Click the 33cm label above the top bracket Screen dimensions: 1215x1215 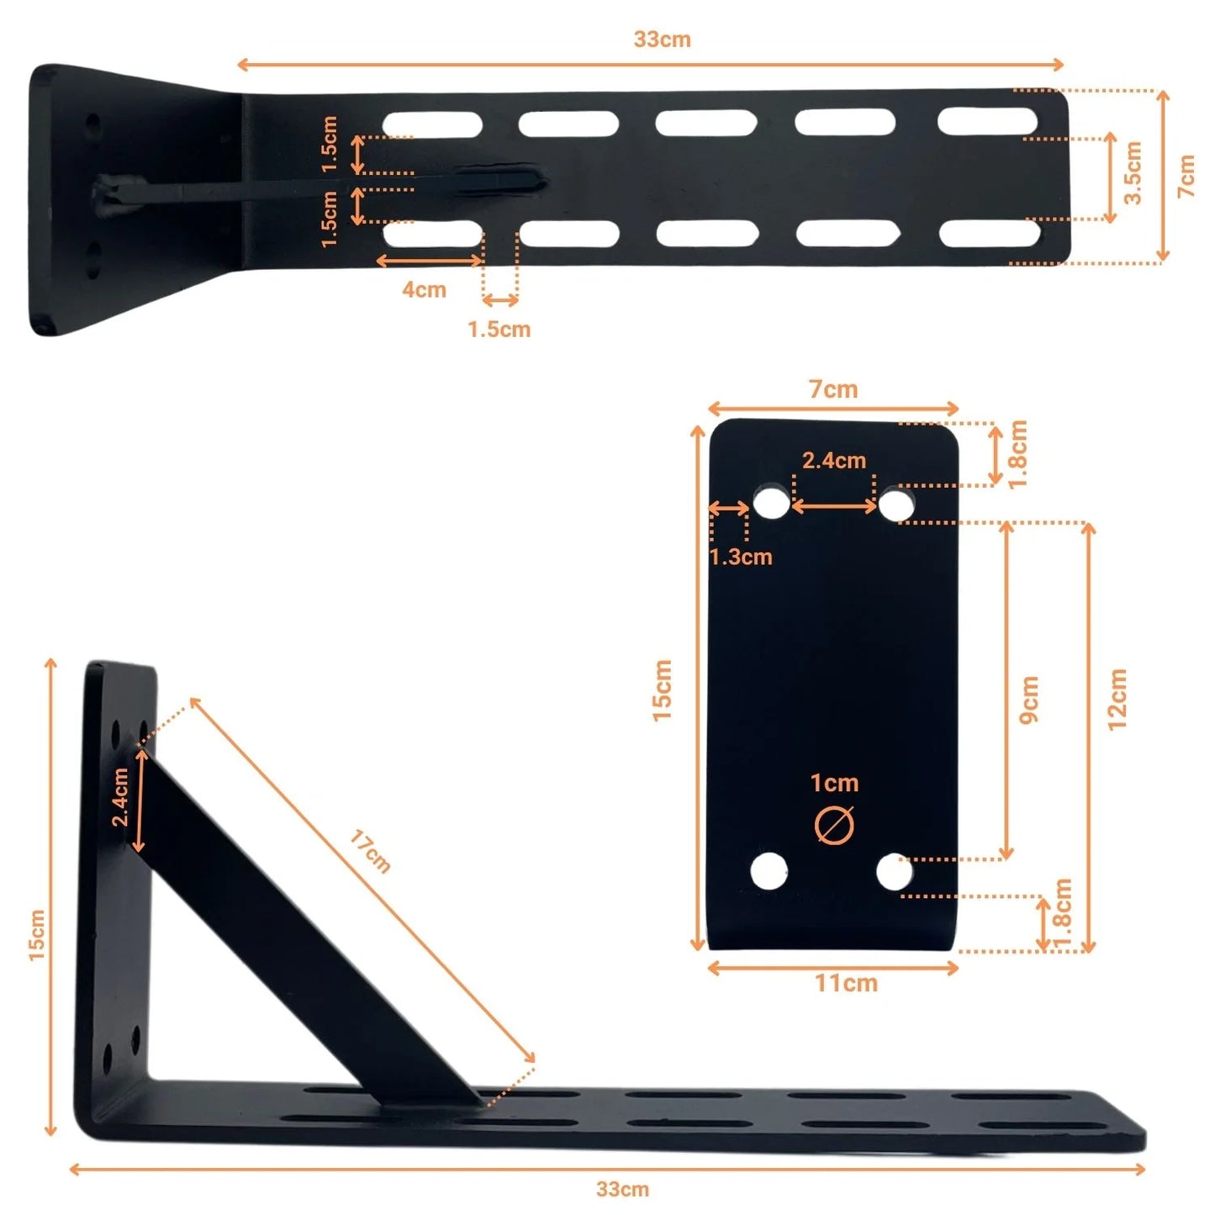[x=662, y=40]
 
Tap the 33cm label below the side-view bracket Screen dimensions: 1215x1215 [x=622, y=1189]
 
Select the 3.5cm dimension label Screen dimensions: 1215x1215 [x=1133, y=173]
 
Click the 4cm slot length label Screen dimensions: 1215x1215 [x=424, y=290]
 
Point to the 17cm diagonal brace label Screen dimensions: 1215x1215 [x=370, y=851]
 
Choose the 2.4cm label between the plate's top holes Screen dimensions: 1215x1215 [x=833, y=461]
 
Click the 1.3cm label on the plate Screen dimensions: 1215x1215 [x=740, y=557]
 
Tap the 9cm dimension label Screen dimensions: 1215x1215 [x=1029, y=699]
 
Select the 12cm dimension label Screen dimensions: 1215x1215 [x=1117, y=699]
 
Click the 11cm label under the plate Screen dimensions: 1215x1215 [x=846, y=983]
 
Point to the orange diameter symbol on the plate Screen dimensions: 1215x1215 [x=834, y=825]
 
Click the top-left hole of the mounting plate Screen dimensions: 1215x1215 [x=771, y=503]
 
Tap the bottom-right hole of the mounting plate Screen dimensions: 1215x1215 [x=895, y=872]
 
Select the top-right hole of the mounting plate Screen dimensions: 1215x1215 [x=896, y=505]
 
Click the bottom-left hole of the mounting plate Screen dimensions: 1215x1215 [x=769, y=870]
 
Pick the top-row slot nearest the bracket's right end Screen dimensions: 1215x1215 [x=987, y=121]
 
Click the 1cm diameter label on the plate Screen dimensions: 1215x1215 [x=834, y=784]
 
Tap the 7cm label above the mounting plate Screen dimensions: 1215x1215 [x=833, y=389]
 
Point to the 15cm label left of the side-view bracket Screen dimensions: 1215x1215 [x=36, y=934]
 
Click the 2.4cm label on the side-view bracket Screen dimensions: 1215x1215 [x=120, y=796]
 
